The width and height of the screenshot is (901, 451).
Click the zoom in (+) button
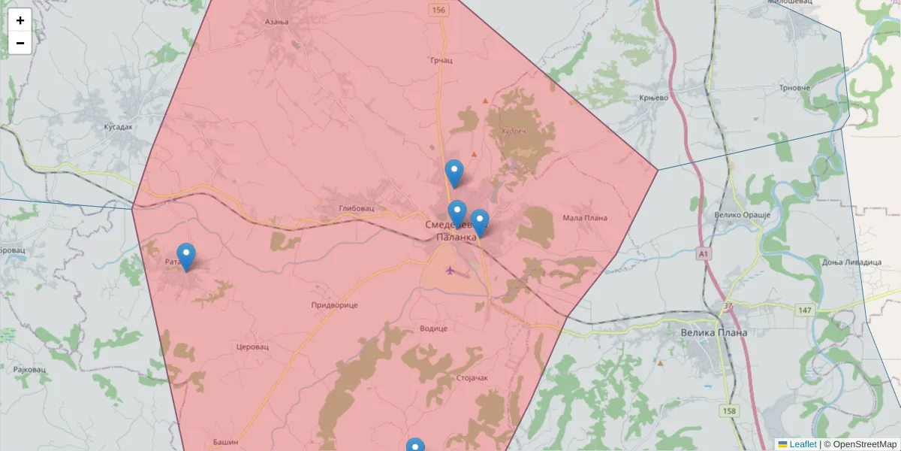(20, 20)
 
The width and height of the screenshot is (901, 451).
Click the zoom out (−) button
(20, 43)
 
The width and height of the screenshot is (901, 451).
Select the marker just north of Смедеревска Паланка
(454, 174)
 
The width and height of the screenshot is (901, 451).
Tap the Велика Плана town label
(713, 332)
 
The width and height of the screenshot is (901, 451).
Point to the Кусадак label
(118, 127)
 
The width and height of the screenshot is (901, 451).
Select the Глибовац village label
(356, 208)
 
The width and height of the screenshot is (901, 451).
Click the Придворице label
(334, 305)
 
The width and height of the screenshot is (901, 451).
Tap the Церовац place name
(252, 347)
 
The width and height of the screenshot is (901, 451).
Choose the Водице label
(432, 328)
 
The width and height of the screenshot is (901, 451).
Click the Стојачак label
(471, 377)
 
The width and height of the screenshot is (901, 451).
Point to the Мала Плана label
(584, 218)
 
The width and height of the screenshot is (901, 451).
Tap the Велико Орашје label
(743, 215)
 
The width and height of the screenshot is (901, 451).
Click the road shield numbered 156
(438, 10)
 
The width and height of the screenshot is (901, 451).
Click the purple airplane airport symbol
(450, 271)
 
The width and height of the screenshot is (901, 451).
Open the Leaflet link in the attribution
(803, 444)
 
